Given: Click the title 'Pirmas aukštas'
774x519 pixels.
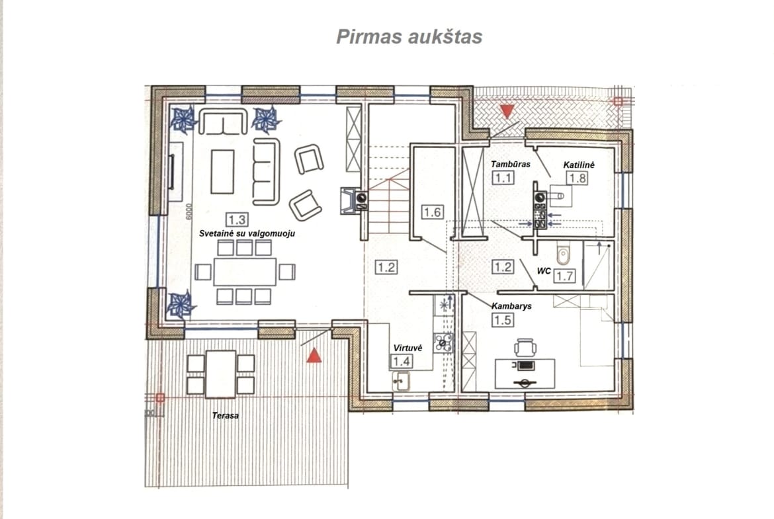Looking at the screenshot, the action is [409, 36].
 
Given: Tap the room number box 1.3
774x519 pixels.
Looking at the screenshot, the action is [237, 220].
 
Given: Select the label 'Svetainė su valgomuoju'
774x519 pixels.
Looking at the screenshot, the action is [247, 233].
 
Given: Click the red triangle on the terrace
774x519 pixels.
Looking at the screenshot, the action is [314, 355].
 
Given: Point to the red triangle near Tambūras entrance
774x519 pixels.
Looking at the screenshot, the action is [507, 111].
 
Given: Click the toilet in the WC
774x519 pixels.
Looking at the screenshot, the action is [563, 254].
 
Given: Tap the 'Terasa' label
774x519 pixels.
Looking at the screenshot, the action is [225, 416].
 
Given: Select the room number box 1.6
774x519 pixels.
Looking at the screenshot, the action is [433, 212].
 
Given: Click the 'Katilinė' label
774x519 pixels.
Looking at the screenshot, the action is [579, 165].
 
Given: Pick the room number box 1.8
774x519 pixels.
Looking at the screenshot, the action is [578, 178].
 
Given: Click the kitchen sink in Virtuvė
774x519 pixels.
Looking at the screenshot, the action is [401, 381].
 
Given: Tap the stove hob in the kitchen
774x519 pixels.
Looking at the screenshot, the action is [443, 342].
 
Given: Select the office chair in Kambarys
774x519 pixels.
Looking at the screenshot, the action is [525, 348].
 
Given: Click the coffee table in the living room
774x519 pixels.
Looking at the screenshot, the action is [222, 172].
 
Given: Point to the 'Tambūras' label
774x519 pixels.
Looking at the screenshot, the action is [511, 164].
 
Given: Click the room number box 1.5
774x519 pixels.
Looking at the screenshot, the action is [503, 320].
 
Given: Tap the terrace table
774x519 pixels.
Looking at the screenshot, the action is [221, 374].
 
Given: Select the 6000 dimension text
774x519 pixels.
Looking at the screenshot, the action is [189, 212].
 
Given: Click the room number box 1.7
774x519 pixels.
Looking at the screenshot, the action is [564, 276].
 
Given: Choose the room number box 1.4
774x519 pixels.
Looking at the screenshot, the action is [402, 362].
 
